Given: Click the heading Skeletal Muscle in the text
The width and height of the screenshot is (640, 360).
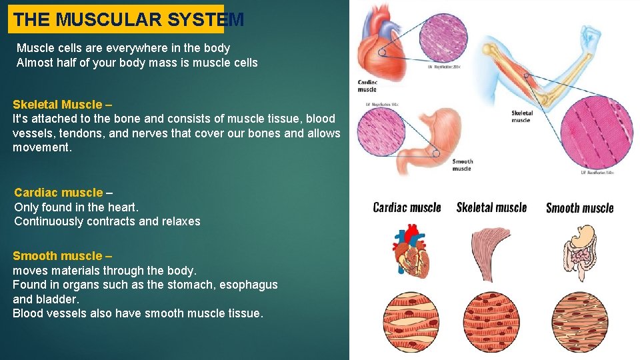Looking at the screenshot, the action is click(57, 105).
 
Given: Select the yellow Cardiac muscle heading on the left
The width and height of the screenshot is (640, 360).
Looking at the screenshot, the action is click(59, 193).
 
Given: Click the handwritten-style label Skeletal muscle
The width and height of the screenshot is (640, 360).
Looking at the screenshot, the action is click(491, 207).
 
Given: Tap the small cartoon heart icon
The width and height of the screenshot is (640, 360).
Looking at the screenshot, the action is click(408, 252).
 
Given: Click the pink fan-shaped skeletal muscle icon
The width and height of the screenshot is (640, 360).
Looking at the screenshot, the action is click(491, 251).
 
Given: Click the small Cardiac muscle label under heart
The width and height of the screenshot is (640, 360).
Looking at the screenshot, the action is click(367, 85).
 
